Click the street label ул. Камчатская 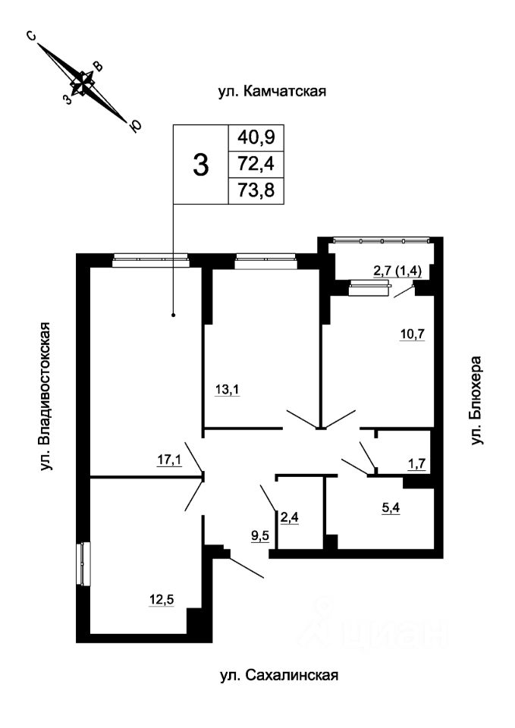click(x=272, y=92)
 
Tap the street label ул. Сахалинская click(x=278, y=674)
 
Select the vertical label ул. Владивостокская click(x=47, y=397)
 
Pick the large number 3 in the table click(x=200, y=164)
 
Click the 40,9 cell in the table click(x=256, y=137)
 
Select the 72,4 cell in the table click(x=256, y=163)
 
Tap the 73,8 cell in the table click(x=256, y=190)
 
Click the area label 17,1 click(x=169, y=459)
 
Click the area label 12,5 click(x=162, y=601)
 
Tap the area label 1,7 click(x=416, y=463)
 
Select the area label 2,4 click(x=289, y=518)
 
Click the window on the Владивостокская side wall click(x=83, y=563)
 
